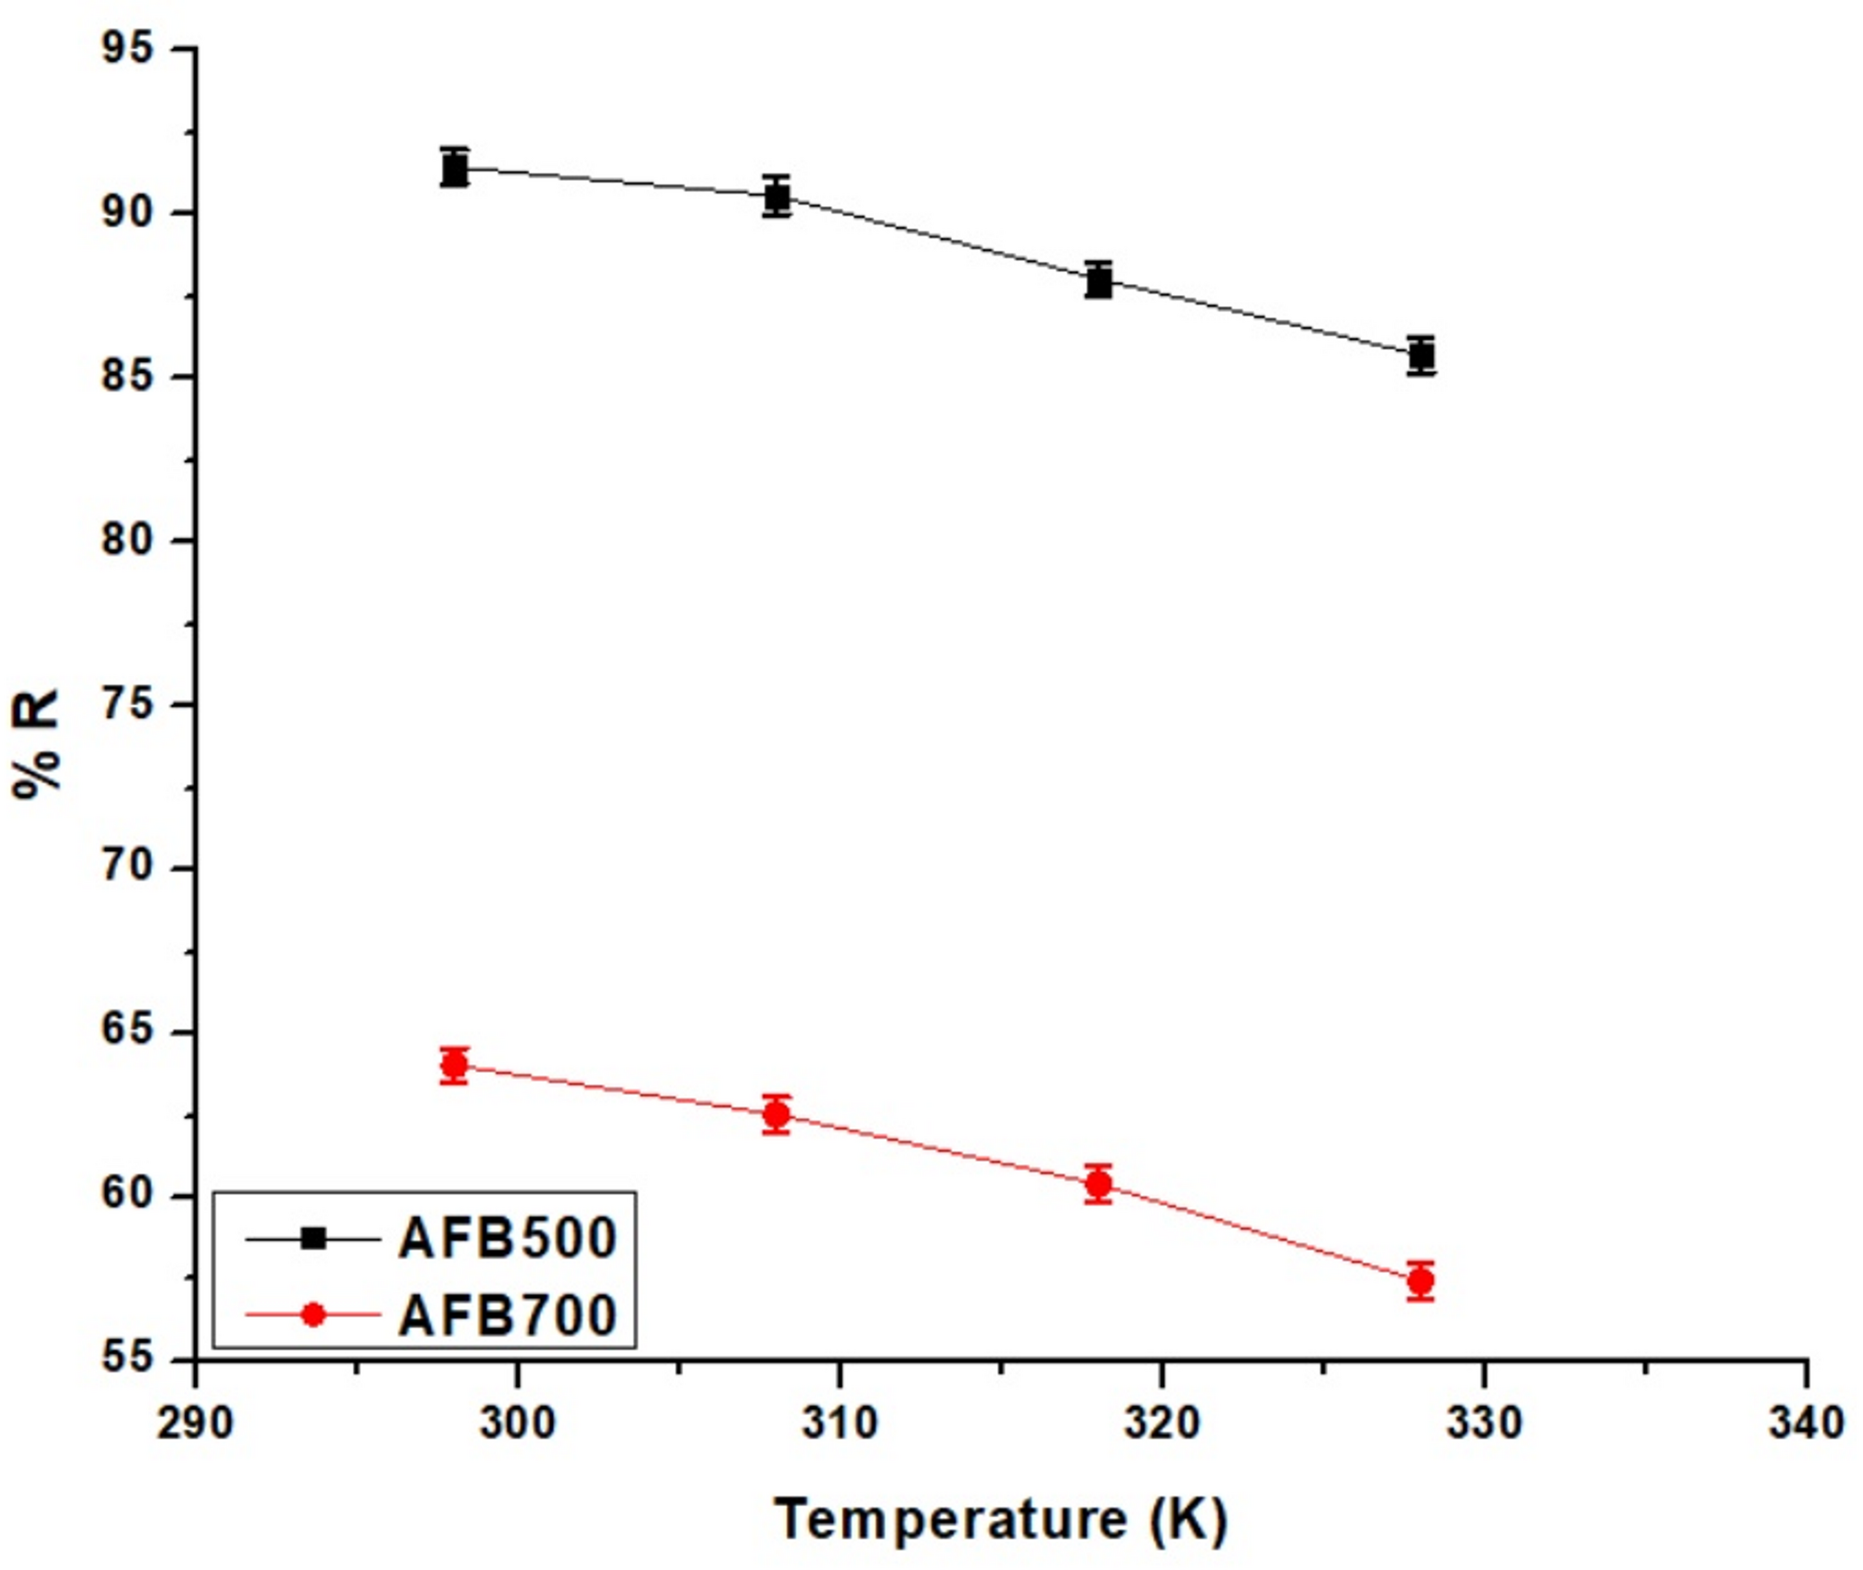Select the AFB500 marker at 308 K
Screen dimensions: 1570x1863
[x=777, y=196]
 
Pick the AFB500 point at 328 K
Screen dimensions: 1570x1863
[x=1420, y=355]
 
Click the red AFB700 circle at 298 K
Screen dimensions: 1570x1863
[x=454, y=1064]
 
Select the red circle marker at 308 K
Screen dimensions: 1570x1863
[x=777, y=1114]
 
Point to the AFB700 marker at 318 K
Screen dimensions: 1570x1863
[x=1099, y=1184]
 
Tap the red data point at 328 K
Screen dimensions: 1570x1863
[x=1420, y=1281]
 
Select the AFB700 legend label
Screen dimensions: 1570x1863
[x=508, y=1315]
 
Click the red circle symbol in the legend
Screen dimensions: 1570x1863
[x=314, y=1315]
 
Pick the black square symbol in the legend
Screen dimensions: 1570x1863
[x=314, y=1238]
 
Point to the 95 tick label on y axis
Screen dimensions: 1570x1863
[x=127, y=48]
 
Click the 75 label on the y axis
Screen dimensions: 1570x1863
[x=127, y=704]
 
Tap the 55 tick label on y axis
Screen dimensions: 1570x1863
[x=127, y=1358]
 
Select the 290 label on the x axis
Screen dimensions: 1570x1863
[x=195, y=1422]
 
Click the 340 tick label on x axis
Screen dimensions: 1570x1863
[x=1805, y=1422]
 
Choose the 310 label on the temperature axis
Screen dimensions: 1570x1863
[x=840, y=1422]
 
